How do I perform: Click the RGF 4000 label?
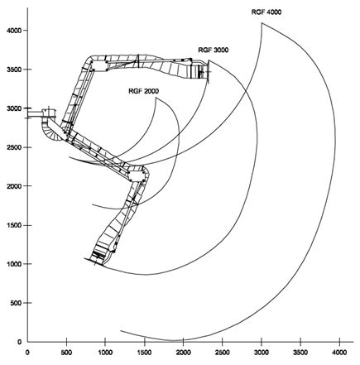tap(266, 12)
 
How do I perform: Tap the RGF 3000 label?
tap(214, 50)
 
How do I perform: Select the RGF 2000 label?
tap(144, 91)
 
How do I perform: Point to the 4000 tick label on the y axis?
tap(14, 30)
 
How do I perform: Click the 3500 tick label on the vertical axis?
tap(14, 70)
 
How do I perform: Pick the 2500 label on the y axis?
tap(14, 147)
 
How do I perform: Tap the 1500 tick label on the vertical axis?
tap(14, 225)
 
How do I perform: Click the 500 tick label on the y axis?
tap(17, 303)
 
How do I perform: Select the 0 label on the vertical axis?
tap(19, 342)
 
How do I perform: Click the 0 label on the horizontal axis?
tap(27, 353)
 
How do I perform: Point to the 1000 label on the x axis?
tap(105, 353)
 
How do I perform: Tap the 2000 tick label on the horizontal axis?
tap(184, 353)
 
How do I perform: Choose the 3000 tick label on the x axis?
tap(262, 353)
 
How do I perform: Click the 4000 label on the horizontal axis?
tap(339, 353)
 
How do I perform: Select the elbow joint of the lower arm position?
tap(137, 175)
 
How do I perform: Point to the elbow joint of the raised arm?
tap(98, 64)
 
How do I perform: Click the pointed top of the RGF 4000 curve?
tap(262, 23)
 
